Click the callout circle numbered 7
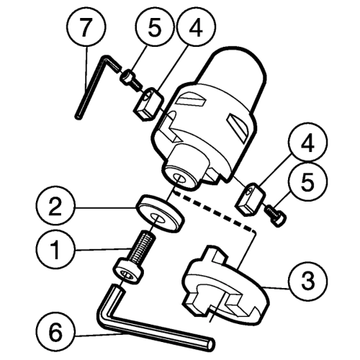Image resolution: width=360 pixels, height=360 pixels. click(x=86, y=28)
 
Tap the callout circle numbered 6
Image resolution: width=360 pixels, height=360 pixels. click(x=56, y=331)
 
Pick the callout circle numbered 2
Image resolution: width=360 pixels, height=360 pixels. click(x=55, y=207)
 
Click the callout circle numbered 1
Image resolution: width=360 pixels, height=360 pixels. click(x=56, y=251)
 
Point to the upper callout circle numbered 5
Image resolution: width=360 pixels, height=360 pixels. click(x=154, y=28)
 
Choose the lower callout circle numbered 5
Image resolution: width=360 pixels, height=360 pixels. click(x=307, y=181)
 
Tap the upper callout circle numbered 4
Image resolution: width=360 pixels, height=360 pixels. click(x=196, y=28)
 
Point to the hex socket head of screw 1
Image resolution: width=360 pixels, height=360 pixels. click(x=128, y=272)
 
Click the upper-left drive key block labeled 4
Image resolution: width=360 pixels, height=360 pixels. click(x=148, y=104)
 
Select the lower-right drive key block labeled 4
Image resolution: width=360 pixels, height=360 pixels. click(x=251, y=199)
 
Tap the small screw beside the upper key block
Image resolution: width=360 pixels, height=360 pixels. click(x=131, y=80)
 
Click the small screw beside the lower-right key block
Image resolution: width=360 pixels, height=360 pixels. click(x=276, y=216)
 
